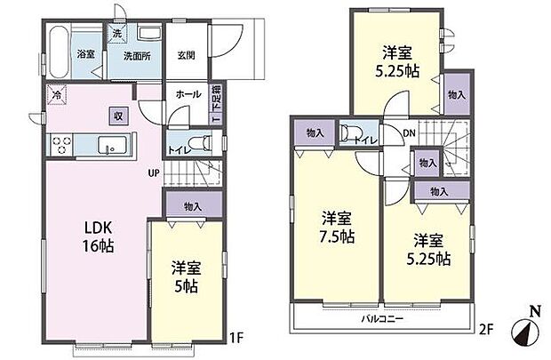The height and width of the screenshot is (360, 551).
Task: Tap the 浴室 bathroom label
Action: click(86, 53)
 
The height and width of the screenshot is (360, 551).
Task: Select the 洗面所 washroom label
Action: click(136, 53)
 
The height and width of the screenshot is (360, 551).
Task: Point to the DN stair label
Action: click(409, 133)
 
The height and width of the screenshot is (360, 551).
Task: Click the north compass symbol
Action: click(523, 333)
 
